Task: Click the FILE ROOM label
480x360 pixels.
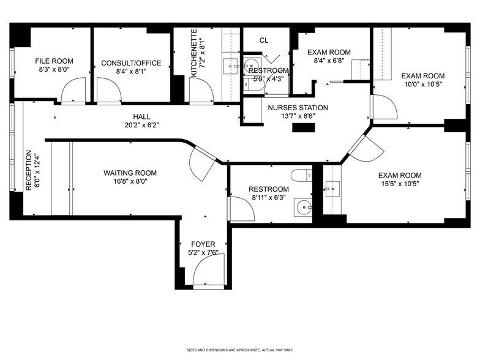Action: tap(54, 61)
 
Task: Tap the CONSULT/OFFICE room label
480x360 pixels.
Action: tap(131, 62)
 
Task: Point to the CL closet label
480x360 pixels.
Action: tap(264, 40)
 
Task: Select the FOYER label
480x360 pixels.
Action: tap(203, 244)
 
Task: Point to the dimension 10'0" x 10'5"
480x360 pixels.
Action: tap(422, 84)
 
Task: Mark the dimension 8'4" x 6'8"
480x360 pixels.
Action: tap(328, 61)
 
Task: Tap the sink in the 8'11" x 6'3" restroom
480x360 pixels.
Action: tap(302, 205)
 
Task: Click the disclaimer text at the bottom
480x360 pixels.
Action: tap(239, 350)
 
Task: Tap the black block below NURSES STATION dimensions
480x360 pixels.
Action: tap(302, 128)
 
